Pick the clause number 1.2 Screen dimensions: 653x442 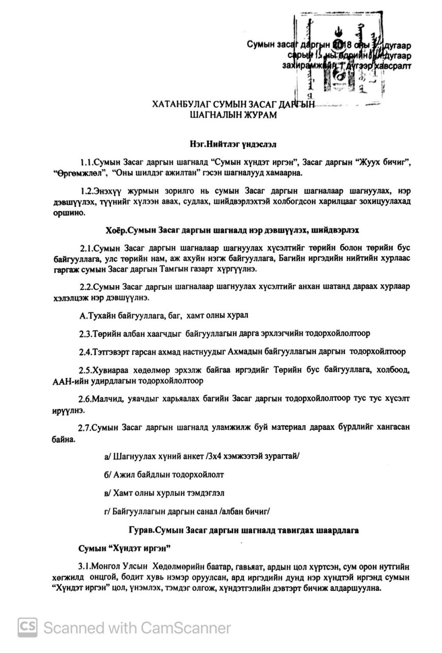[89, 191]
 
